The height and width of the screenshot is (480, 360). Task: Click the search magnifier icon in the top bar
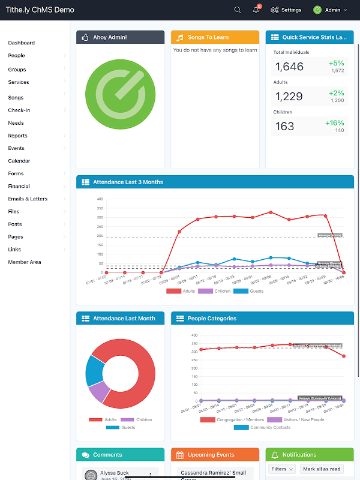pos(238,10)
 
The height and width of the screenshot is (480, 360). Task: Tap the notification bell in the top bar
pos(256,10)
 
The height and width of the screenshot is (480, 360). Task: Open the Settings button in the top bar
pos(286,10)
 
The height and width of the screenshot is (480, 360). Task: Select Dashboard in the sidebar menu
pos(22,43)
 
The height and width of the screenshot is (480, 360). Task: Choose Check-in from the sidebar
pos(19,110)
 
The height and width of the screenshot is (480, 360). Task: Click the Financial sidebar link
pos(19,187)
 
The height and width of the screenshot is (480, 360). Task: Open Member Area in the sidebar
pos(25,262)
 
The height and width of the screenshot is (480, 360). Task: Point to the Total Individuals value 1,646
pos(290,67)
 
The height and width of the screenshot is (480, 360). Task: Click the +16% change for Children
pos(334,123)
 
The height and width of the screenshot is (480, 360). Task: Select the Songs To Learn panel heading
pos(208,37)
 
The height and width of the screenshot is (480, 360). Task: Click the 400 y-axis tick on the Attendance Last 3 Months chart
pos(100,199)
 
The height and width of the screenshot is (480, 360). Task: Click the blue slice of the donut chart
pos(95,370)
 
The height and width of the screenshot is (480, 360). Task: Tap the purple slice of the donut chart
pos(99,392)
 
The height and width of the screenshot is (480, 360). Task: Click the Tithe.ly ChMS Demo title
pos(40,10)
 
